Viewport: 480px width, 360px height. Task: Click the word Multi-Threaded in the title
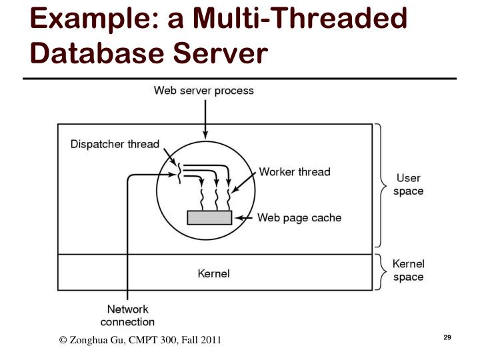300,19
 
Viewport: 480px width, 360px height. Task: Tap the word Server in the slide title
221,53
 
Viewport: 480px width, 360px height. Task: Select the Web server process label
204,91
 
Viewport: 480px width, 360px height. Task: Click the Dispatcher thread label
115,144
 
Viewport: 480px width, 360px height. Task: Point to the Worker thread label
295,172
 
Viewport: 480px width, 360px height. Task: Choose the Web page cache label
299,217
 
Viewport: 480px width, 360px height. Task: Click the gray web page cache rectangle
210,217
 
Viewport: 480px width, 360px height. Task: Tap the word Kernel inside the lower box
214,273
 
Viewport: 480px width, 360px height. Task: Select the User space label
409,185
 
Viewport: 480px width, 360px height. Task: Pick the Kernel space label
409,270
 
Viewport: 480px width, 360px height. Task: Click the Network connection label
127,315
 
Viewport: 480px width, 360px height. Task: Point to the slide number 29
447,337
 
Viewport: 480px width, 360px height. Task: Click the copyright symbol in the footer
63,340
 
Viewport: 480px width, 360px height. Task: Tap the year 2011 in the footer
211,340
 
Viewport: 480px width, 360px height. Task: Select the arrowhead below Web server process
205,135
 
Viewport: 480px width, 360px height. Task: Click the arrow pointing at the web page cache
244,218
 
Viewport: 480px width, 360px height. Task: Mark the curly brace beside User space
380,185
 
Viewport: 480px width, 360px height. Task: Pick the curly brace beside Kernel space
380,272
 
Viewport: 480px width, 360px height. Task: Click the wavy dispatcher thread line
179,173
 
